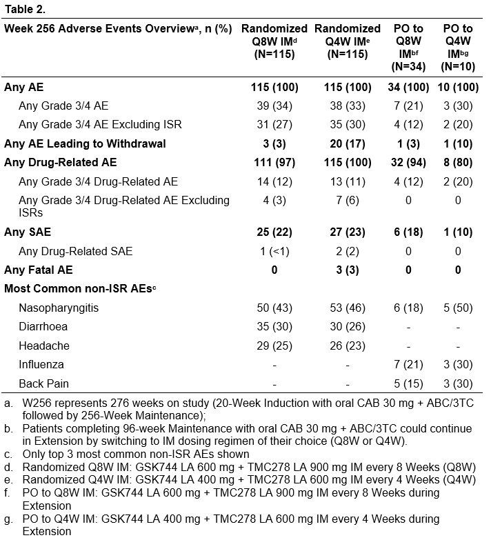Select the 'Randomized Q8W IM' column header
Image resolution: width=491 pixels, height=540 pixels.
[x=274, y=41]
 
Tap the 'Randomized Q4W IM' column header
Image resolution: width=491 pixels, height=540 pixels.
[x=348, y=41]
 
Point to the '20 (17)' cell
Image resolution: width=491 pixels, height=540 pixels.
[x=348, y=144]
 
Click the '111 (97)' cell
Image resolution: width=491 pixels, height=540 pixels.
[x=274, y=163]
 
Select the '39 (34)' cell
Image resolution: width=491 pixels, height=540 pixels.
[x=274, y=106]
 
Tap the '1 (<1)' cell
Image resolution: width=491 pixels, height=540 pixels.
[x=274, y=250]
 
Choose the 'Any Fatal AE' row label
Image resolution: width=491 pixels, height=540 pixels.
[x=39, y=270]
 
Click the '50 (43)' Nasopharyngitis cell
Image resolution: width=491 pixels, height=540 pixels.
[x=274, y=308]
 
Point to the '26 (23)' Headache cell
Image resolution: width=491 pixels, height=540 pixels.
[x=348, y=346]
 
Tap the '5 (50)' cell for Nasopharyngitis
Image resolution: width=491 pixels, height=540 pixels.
[x=458, y=308]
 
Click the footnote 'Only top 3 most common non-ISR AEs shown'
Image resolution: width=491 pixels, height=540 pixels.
[x=134, y=453]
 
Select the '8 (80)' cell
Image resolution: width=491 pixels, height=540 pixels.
[x=458, y=163]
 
